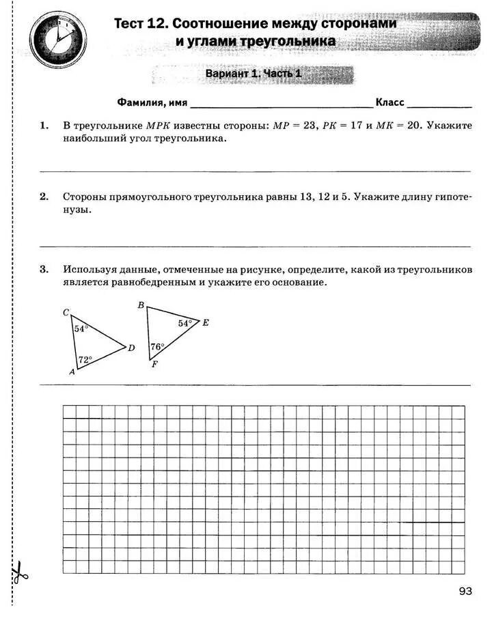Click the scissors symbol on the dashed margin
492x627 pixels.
[19, 572]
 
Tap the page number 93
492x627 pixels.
[465, 591]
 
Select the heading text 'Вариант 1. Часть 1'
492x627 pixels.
[253, 74]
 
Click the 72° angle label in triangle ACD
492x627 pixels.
[85, 359]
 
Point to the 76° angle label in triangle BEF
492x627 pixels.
[158, 346]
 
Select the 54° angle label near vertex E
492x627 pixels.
[185, 323]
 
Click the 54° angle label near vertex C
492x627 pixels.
[81, 329]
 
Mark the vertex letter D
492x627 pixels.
[131, 348]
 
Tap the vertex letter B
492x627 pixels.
[140, 305]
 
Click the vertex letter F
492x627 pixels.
[154, 365]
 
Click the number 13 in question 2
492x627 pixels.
[306, 197]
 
